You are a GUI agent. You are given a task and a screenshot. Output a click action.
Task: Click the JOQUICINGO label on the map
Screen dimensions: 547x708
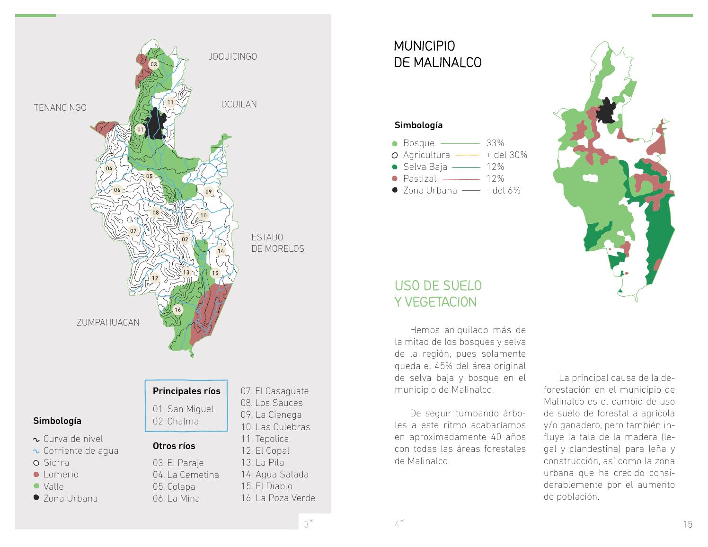tap(232, 57)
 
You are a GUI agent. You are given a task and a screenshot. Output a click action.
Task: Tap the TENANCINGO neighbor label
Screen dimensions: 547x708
tap(60, 108)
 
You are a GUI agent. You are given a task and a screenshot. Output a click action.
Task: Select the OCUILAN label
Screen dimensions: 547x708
tap(239, 105)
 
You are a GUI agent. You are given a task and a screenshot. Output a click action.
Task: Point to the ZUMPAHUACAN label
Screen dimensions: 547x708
tap(108, 323)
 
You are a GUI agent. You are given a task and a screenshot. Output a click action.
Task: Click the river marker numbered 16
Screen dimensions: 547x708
tap(178, 310)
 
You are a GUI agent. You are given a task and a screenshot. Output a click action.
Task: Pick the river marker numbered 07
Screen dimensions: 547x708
tap(133, 231)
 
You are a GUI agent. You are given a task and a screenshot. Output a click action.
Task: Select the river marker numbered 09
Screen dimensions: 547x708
tap(208, 192)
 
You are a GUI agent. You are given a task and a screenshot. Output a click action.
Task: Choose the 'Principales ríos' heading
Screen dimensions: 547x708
tap(186, 391)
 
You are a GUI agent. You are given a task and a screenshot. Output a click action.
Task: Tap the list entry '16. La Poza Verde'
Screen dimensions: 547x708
tap(278, 498)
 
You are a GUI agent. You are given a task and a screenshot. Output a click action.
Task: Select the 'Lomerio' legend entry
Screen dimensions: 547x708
tap(61, 474)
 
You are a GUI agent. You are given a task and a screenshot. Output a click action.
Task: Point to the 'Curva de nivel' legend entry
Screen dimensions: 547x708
tap(73, 439)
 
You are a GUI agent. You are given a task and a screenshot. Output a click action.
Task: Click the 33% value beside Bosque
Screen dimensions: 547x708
tap(495, 143)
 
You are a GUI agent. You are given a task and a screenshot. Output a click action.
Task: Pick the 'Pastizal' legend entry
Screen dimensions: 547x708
tap(419, 178)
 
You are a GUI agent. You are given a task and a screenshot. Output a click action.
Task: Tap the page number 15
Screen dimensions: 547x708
tap(688, 524)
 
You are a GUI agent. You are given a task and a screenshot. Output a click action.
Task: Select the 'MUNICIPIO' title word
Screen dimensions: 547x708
tap(425, 46)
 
